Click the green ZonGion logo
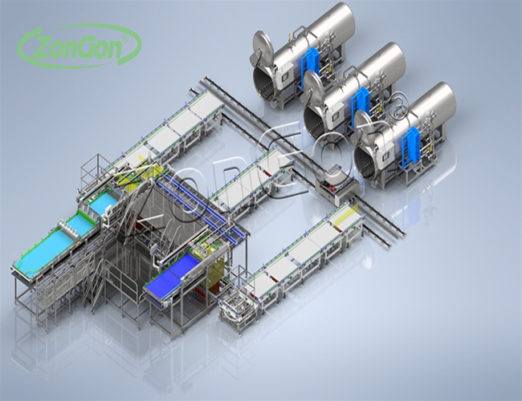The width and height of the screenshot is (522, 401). coord(80,46)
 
